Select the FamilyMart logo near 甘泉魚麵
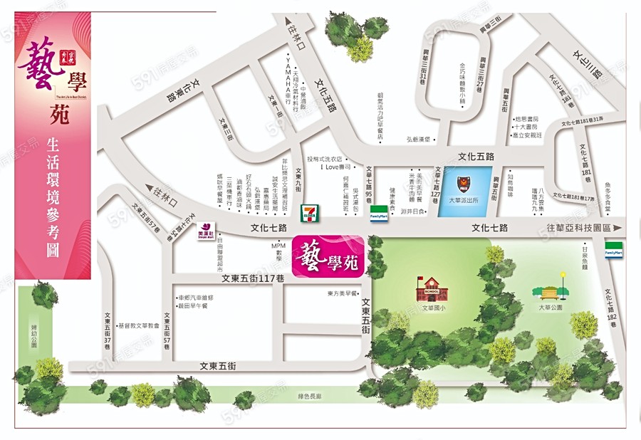point(614,253)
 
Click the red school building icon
point(428,289)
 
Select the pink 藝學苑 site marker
point(329,255)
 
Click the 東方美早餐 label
point(341,293)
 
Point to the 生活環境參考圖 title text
point(53,197)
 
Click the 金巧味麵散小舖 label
point(462,83)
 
